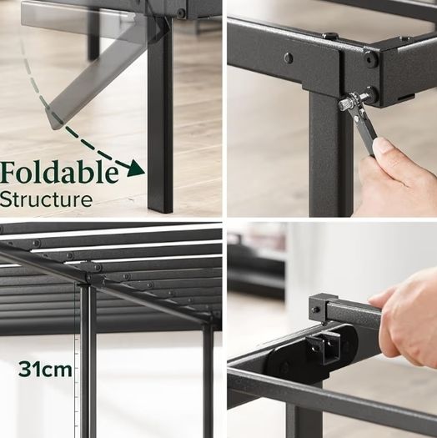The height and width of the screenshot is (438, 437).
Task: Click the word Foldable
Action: [x=59, y=173]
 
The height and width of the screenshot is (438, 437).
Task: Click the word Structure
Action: [x=46, y=199]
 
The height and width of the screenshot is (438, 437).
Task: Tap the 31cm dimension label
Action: [x=45, y=370]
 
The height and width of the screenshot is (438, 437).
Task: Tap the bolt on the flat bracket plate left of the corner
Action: [x=289, y=58]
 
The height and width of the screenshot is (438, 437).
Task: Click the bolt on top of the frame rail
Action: [x=330, y=36]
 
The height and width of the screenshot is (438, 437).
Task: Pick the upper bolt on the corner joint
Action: [x=371, y=59]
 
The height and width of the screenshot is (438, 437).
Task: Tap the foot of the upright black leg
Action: [x=160, y=208]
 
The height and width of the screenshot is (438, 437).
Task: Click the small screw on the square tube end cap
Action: [x=316, y=310]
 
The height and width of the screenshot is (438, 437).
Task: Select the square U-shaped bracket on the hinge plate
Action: [x=324, y=347]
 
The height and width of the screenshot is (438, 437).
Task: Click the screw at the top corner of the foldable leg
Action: [x=181, y=13]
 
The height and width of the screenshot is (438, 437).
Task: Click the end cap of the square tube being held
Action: [x=318, y=309]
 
